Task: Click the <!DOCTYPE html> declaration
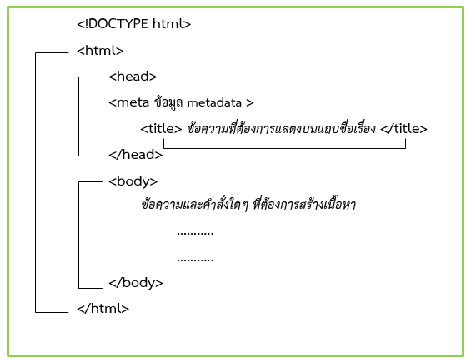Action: pyautogui.click(x=133, y=24)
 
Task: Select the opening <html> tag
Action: pyautogui.click(x=100, y=51)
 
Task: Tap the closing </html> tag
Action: pyautogui.click(x=103, y=308)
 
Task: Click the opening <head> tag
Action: pyautogui.click(x=133, y=77)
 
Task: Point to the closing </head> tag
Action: pyautogui.click(x=136, y=155)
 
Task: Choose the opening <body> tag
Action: pyautogui.click(x=133, y=181)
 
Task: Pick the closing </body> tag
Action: pyautogui.click(x=136, y=283)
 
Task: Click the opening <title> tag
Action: pyautogui.click(x=161, y=129)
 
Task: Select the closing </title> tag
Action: pyautogui.click(x=403, y=129)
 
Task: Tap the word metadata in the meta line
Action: pyautogui.click(x=214, y=103)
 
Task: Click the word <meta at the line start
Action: pyautogui.click(x=129, y=103)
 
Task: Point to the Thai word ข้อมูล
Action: pyautogui.click(x=168, y=102)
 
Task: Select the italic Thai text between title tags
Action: pyautogui.click(x=281, y=128)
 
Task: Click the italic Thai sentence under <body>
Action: pyautogui.click(x=248, y=205)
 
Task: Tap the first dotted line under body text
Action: pyautogui.click(x=195, y=233)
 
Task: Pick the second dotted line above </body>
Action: pyautogui.click(x=195, y=260)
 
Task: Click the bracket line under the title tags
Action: pyautogui.click(x=284, y=148)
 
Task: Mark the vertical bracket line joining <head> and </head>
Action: pyautogui.click(x=78, y=117)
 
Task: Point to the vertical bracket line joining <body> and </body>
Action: pyautogui.click(x=78, y=235)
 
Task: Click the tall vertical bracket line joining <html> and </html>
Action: pyautogui.click(x=36, y=182)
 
